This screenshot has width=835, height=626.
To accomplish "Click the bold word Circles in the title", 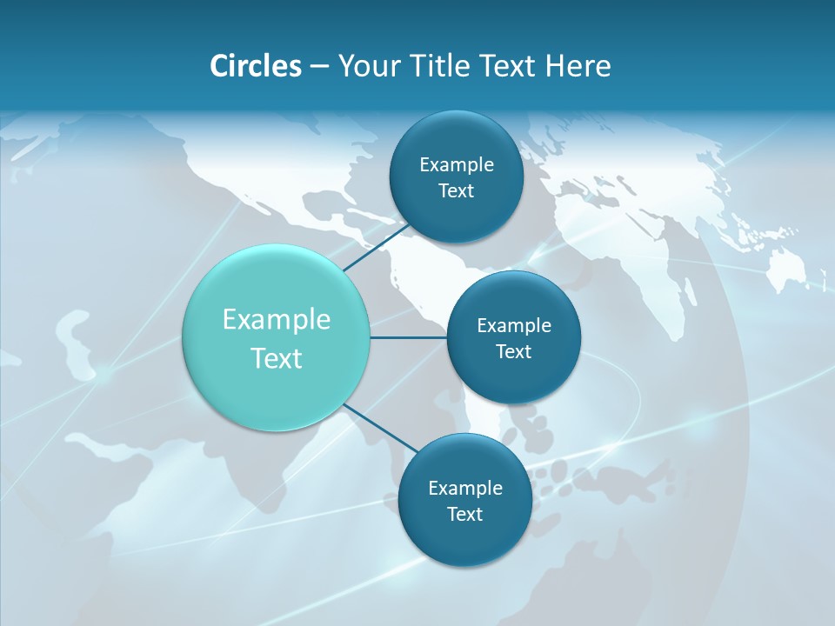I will (256, 65).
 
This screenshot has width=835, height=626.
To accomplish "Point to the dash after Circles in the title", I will (319, 66).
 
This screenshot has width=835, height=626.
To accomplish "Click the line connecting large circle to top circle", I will (376, 247).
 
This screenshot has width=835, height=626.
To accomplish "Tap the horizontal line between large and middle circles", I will (409, 337).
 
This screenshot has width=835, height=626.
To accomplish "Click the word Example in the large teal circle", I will (277, 319).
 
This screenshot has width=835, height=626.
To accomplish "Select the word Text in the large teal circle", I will (277, 358).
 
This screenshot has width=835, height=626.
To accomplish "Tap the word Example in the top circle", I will (457, 164).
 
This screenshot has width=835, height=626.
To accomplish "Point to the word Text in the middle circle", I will (513, 351).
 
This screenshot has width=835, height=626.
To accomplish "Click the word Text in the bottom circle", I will (464, 514).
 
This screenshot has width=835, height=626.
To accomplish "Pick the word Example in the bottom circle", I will (464, 488).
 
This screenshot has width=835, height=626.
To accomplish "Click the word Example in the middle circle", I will (513, 325).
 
